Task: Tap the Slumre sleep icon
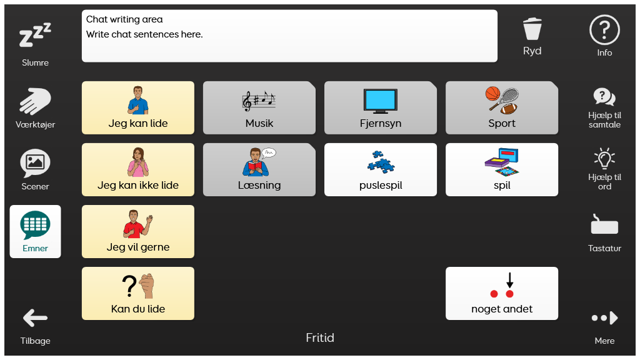click(x=35, y=35)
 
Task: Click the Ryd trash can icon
click(x=532, y=29)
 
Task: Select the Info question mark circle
click(x=604, y=30)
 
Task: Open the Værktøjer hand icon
click(x=35, y=101)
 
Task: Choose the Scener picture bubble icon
click(x=35, y=163)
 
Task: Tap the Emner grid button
click(x=35, y=231)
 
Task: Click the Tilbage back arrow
click(x=35, y=318)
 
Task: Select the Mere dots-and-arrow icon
click(x=604, y=318)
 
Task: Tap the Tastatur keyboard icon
click(x=604, y=224)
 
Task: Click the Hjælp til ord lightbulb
click(x=604, y=158)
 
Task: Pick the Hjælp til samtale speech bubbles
click(x=604, y=97)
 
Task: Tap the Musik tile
click(x=259, y=107)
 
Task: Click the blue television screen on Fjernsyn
click(x=381, y=99)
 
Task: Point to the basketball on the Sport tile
click(x=492, y=94)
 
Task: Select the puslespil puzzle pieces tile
click(x=381, y=170)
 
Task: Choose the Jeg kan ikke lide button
click(x=138, y=170)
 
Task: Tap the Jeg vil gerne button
click(x=138, y=231)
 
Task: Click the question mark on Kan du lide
click(x=129, y=286)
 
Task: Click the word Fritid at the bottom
click(x=320, y=337)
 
